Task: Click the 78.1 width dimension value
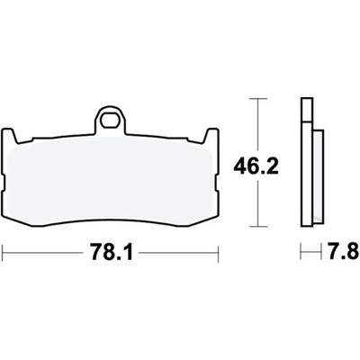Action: point(111,254)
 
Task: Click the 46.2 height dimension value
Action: point(256,167)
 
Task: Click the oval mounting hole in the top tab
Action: point(109,121)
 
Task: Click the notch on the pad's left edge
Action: point(4,184)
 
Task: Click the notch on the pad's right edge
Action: point(217,184)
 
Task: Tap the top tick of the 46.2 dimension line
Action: point(258,98)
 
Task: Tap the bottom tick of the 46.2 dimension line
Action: point(258,226)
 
